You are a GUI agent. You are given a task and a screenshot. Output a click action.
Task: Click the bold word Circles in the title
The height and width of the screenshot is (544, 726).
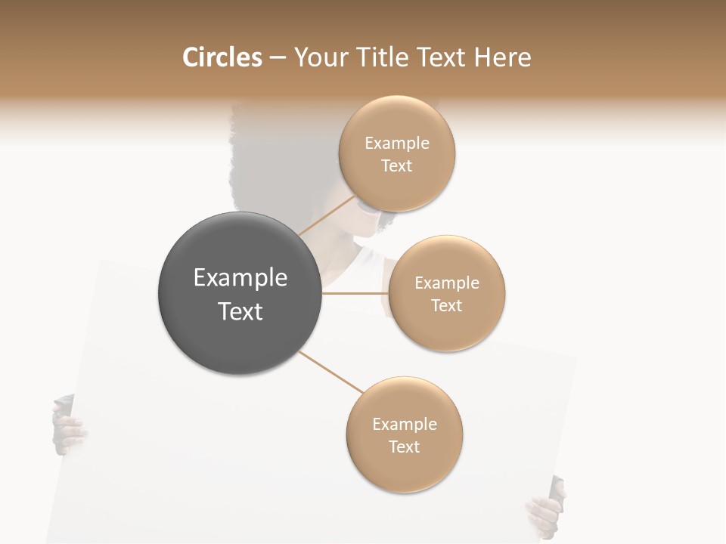tap(222, 57)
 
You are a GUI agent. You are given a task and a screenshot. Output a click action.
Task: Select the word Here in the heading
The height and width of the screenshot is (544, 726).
tap(502, 57)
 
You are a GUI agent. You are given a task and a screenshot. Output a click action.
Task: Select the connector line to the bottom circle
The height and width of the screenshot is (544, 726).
tap(330, 372)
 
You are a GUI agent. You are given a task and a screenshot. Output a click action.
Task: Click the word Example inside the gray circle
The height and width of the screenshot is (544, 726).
tap(240, 278)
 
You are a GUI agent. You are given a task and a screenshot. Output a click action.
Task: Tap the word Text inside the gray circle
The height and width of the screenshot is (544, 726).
tap(240, 311)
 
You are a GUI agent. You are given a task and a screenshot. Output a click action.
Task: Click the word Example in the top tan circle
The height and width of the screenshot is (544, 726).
tap(396, 144)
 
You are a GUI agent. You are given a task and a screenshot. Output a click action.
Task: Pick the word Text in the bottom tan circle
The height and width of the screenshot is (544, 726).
tap(404, 447)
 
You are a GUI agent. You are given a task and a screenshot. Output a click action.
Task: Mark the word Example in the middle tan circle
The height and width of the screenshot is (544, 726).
tap(446, 283)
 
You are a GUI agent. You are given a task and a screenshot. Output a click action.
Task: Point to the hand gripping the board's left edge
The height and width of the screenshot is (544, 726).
tap(68, 427)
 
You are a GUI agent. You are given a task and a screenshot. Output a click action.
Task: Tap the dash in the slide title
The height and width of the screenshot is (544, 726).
tap(278, 58)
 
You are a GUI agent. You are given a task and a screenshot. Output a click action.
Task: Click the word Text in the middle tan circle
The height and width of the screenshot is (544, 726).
tap(446, 306)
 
